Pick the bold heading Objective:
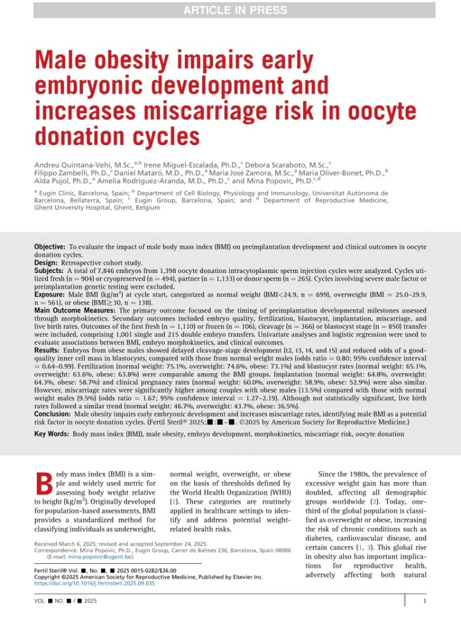pyautogui.click(x=50, y=247)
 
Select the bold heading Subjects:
pyautogui.click(x=50, y=270)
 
